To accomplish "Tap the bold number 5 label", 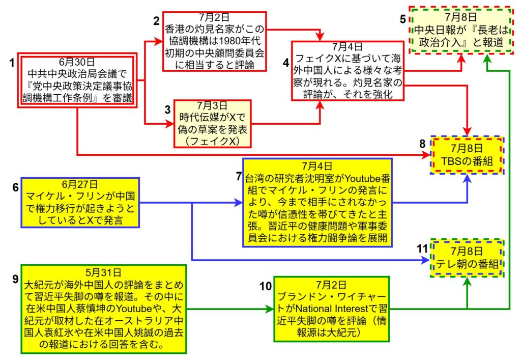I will (x=402, y=20).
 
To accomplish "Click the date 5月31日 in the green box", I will (x=103, y=271).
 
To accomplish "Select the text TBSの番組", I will (x=467, y=162).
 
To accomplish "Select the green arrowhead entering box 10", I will (x=270, y=309).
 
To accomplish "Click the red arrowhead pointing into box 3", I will (x=170, y=123).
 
